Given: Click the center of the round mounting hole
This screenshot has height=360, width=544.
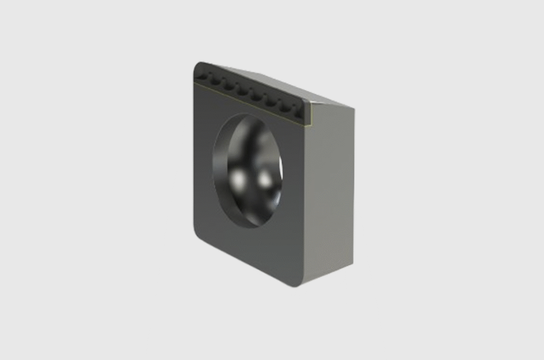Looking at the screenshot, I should point(248,170).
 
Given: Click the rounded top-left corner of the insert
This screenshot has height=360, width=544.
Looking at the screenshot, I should point(197,67).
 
